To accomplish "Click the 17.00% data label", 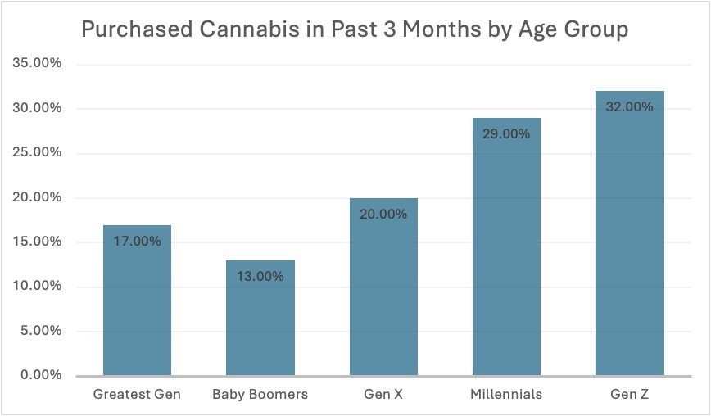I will point(137,242).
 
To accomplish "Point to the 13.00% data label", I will point(260,277).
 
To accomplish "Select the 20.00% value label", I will point(383,214).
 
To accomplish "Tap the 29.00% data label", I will point(506,133).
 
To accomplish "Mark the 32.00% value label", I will point(629,107).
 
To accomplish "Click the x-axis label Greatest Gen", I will point(137,394).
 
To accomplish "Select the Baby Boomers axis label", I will point(260,394).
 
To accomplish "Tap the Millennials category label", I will point(506,394).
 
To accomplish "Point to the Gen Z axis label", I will point(629,394).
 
